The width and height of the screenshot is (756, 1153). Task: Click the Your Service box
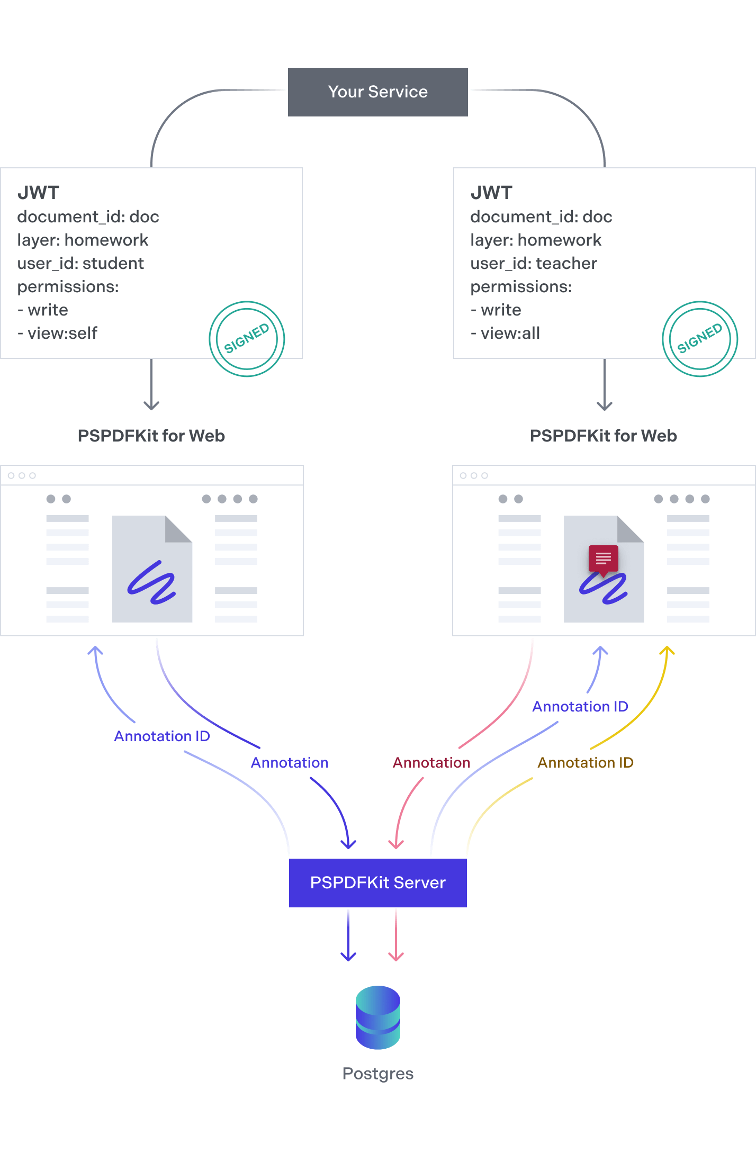click(x=378, y=92)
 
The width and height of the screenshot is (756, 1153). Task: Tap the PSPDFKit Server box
click(x=378, y=882)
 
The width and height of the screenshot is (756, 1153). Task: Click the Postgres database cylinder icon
click(x=378, y=1017)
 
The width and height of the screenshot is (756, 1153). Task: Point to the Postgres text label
click(x=378, y=1074)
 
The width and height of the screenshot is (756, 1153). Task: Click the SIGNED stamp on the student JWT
click(x=247, y=339)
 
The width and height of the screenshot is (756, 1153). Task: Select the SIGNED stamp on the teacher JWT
click(x=700, y=339)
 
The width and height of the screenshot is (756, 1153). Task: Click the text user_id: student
click(x=80, y=264)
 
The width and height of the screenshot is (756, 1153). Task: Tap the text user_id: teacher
click(x=534, y=264)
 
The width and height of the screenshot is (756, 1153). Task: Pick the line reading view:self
click(x=57, y=334)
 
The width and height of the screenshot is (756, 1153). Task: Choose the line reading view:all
click(x=505, y=334)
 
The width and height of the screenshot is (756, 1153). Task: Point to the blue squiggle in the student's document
click(x=151, y=582)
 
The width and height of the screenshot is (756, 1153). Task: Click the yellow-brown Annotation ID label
click(x=586, y=763)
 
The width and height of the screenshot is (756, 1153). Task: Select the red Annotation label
click(x=431, y=763)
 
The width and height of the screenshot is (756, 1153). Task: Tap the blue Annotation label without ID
click(x=290, y=763)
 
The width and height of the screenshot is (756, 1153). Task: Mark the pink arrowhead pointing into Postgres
click(x=396, y=956)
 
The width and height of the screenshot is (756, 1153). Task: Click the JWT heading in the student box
click(x=38, y=193)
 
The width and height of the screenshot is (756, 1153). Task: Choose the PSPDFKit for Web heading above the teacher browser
click(x=604, y=436)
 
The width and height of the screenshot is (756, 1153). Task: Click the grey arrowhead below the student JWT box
click(x=151, y=406)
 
